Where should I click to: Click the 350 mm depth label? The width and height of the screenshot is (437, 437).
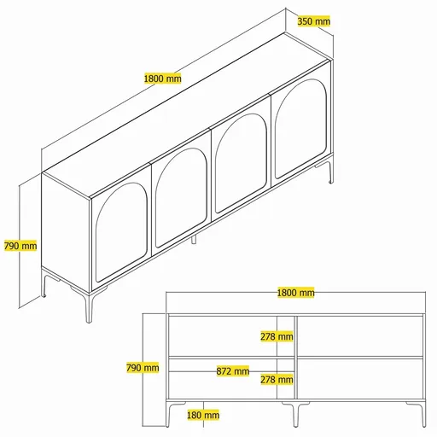point(314,21)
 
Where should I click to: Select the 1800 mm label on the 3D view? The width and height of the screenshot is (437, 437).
point(162,79)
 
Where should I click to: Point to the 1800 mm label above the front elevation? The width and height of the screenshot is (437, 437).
point(295,293)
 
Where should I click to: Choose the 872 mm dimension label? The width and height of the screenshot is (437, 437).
point(232,371)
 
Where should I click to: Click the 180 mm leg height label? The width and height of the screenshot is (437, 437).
point(202,416)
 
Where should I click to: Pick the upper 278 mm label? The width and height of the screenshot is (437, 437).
point(277,336)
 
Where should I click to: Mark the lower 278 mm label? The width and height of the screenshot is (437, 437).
point(277,379)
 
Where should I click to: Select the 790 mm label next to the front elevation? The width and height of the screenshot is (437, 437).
point(143,368)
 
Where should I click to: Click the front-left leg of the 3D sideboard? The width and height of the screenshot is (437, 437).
point(88,307)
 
